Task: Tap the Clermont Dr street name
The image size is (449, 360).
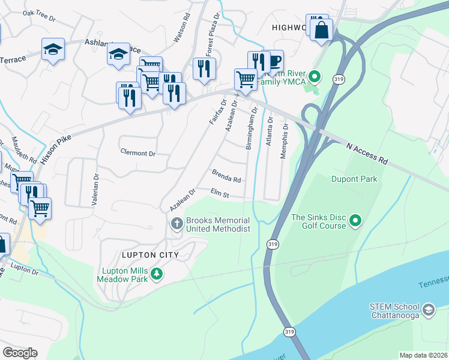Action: pyautogui.click(x=137, y=153)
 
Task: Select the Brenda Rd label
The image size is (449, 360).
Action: pyautogui.click(x=226, y=176)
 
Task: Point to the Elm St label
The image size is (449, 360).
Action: pyautogui.click(x=220, y=194)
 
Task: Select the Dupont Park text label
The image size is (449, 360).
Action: pyautogui.click(x=354, y=179)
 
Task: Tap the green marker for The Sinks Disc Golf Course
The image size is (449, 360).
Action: pyautogui.click(x=355, y=221)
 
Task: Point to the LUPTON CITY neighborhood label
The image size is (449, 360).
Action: pyautogui.click(x=151, y=255)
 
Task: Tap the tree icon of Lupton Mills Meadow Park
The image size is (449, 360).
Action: pyautogui.click(x=157, y=274)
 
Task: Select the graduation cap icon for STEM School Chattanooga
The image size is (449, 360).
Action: pyautogui.click(x=428, y=310)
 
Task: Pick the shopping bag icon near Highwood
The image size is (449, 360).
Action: pyautogui.click(x=322, y=30)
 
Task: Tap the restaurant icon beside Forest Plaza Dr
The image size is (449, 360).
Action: pyautogui.click(x=204, y=68)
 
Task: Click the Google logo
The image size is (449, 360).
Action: pyautogui.click(x=20, y=353)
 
